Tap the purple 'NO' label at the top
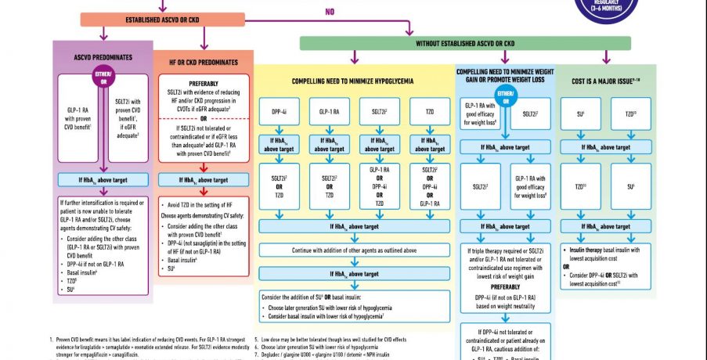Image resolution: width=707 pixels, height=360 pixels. [330, 12]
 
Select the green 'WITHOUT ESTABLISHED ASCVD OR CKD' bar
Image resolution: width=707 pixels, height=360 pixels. [465, 43]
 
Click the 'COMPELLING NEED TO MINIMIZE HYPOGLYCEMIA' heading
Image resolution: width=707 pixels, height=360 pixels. [353, 81]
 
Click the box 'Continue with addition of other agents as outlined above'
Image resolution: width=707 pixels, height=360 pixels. [354, 250]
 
